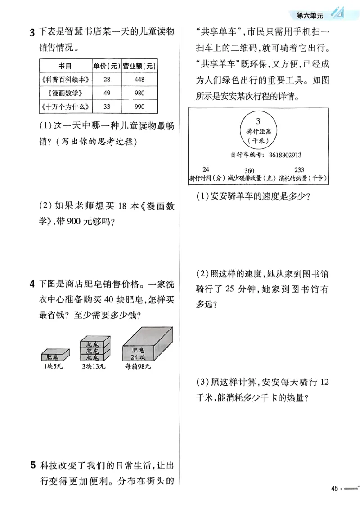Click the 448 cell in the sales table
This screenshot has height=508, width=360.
(x=139, y=80)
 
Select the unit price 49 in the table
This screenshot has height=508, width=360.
(x=107, y=93)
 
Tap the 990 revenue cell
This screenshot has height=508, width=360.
(x=139, y=107)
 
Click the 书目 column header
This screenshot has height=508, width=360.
(x=66, y=66)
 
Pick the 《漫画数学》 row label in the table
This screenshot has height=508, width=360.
(x=66, y=93)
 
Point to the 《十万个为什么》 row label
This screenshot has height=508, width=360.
(x=66, y=107)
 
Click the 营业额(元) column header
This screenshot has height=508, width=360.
(x=139, y=66)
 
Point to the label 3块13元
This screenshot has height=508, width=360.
(x=94, y=366)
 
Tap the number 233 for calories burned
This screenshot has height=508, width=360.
(x=299, y=169)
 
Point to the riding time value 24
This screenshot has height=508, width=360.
(x=207, y=169)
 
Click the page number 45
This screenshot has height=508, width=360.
(x=334, y=489)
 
